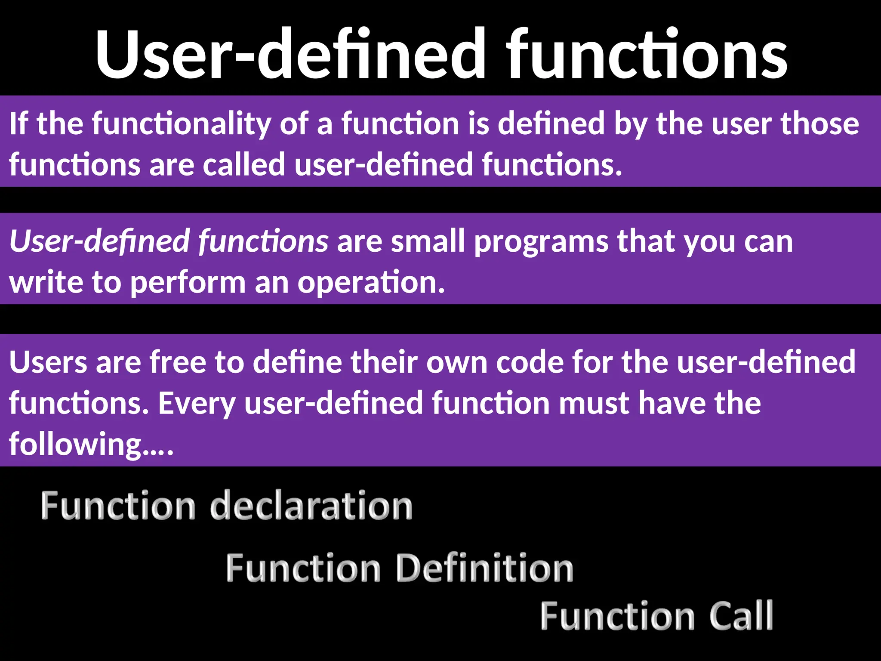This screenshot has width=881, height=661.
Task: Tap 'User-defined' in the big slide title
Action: pyautogui.click(x=291, y=54)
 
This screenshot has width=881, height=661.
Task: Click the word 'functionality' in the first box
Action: pyautogui.click(x=181, y=124)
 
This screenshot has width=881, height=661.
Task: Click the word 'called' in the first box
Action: pyautogui.click(x=244, y=164)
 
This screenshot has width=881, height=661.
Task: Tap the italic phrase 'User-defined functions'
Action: pyautogui.click(x=169, y=241)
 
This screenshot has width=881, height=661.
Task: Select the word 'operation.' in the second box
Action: pyautogui.click(x=371, y=283)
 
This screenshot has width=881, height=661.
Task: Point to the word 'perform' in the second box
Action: pyautogui.click(x=188, y=283)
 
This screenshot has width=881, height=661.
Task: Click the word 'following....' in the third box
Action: pyautogui.click(x=91, y=444)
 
